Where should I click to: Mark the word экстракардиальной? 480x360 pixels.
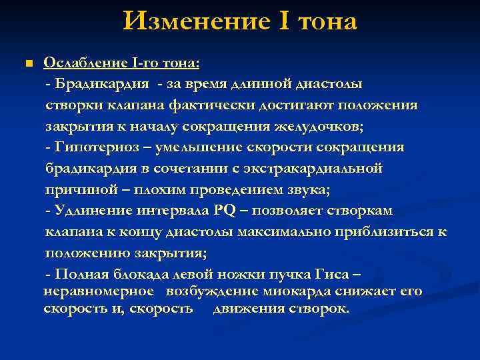tap(317, 169)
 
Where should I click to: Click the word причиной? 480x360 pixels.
tap(75, 190)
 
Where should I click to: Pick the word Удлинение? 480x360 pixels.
tap(91, 211)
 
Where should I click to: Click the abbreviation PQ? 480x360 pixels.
tap(225, 211)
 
